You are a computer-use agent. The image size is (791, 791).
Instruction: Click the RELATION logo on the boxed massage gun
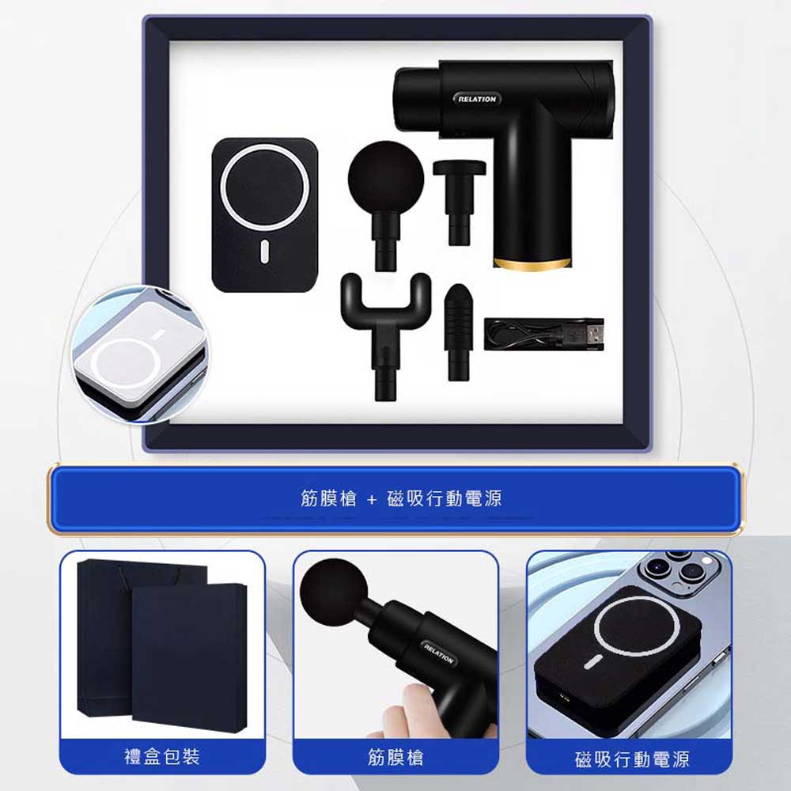[x=477, y=99]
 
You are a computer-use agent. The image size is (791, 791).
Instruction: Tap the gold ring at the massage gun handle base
[x=532, y=264]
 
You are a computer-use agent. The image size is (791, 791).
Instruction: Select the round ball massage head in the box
[x=386, y=206]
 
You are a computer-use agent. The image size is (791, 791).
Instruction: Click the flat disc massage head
[x=459, y=202]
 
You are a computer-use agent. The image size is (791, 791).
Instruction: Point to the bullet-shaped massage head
[x=458, y=332]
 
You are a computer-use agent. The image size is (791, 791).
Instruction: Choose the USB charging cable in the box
[x=544, y=334]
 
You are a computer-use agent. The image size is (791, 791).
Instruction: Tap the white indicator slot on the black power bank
[x=264, y=252]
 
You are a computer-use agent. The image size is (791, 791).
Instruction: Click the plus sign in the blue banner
[x=372, y=499]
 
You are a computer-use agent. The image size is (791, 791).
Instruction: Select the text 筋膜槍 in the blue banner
[x=328, y=498]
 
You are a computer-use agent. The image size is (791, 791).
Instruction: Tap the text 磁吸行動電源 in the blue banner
[x=445, y=498]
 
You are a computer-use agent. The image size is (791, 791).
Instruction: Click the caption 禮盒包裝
[x=162, y=757]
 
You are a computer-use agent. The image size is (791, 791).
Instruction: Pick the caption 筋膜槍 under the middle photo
[x=395, y=757]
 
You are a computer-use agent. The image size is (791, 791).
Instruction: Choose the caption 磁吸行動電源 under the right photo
[x=631, y=759]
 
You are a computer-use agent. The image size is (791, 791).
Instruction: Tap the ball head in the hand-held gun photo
[x=334, y=592]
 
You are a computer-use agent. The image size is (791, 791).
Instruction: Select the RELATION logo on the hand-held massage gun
[x=439, y=653]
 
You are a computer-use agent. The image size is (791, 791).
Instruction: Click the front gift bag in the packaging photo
[x=189, y=657]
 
